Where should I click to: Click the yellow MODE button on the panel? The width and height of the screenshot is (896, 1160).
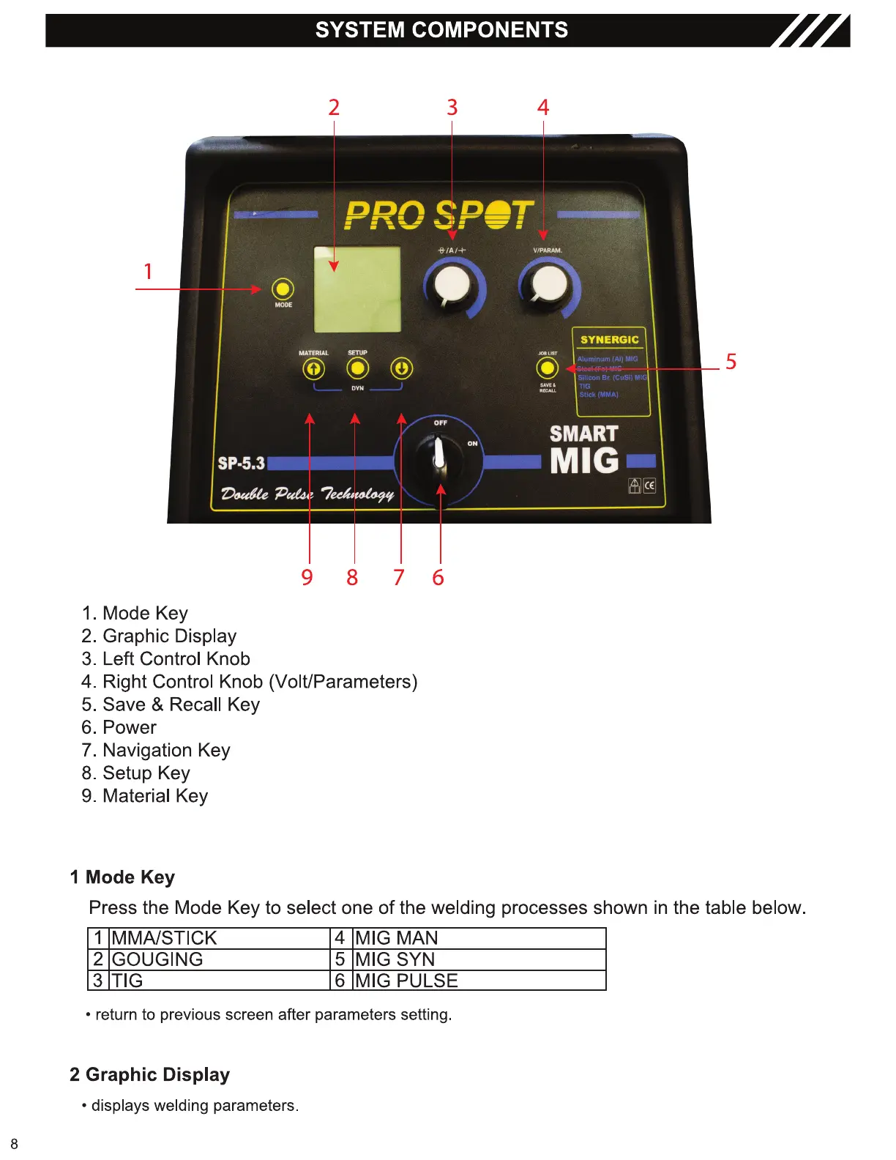pyautogui.click(x=283, y=289)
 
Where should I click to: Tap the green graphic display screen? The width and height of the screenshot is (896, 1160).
pyautogui.click(x=357, y=290)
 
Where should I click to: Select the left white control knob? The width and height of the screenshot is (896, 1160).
pyautogui.click(x=452, y=285)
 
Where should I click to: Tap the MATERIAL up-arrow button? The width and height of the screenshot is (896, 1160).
pyautogui.click(x=313, y=368)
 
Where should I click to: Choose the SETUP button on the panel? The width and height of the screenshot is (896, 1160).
pyautogui.click(x=357, y=368)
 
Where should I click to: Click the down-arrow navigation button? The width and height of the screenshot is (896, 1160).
pyautogui.click(x=401, y=368)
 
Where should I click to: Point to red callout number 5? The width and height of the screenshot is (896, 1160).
pyautogui.click(x=731, y=362)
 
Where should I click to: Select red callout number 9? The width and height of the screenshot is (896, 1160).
pyautogui.click(x=307, y=578)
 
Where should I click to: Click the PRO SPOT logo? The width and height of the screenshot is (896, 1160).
pyautogui.click(x=438, y=215)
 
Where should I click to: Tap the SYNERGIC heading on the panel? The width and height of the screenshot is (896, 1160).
pyautogui.click(x=609, y=340)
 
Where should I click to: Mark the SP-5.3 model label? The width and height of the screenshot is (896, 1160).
pyautogui.click(x=241, y=464)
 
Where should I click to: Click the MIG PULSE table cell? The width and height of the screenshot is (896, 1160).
pyautogui.click(x=406, y=981)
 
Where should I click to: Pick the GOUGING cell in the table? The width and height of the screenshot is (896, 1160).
pyautogui.click(x=157, y=959)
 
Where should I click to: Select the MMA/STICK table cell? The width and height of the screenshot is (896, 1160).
pyautogui.click(x=165, y=938)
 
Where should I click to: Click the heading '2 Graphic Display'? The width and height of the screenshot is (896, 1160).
pyautogui.click(x=150, y=1074)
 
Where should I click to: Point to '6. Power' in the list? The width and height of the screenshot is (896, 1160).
pyautogui.click(x=119, y=727)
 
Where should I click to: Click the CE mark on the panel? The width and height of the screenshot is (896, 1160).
pyautogui.click(x=649, y=486)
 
